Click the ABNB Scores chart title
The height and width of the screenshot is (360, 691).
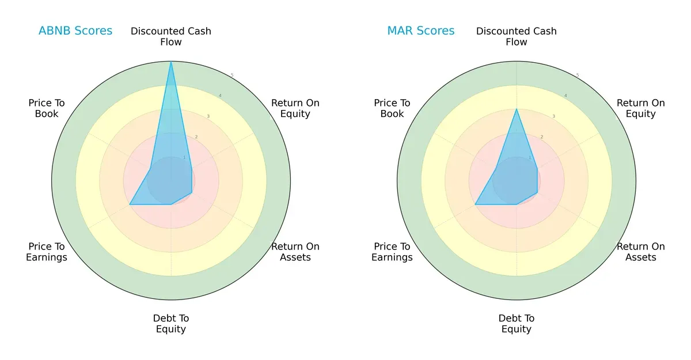click(x=75, y=31)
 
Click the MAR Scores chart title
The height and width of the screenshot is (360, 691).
click(x=421, y=31)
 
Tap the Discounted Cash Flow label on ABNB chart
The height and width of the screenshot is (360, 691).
click(x=171, y=36)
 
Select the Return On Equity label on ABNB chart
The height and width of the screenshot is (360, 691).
click(x=295, y=108)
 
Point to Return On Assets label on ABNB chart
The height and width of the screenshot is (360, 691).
click(x=295, y=252)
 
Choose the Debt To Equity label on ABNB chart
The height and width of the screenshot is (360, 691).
click(x=171, y=324)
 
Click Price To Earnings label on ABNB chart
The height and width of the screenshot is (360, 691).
click(x=47, y=252)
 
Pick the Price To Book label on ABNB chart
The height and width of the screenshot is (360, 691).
click(x=47, y=108)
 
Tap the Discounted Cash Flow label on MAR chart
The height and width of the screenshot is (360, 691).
click(x=517, y=36)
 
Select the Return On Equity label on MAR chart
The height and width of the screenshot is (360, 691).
click(x=641, y=108)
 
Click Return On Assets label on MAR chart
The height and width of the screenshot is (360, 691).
click(x=641, y=252)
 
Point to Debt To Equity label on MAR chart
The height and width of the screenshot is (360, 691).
click(x=517, y=324)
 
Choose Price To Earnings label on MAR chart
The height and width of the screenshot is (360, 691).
click(x=392, y=252)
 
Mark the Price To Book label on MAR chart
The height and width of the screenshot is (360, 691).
click(x=392, y=108)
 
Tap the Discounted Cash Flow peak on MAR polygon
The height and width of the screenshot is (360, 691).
click(x=517, y=109)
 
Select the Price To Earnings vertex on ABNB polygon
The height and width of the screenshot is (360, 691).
click(x=130, y=204)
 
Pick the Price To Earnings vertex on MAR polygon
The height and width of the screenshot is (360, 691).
click(x=476, y=204)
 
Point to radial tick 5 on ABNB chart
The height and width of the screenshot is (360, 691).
click(x=231, y=75)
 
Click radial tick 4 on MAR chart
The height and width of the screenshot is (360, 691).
click(x=565, y=96)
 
